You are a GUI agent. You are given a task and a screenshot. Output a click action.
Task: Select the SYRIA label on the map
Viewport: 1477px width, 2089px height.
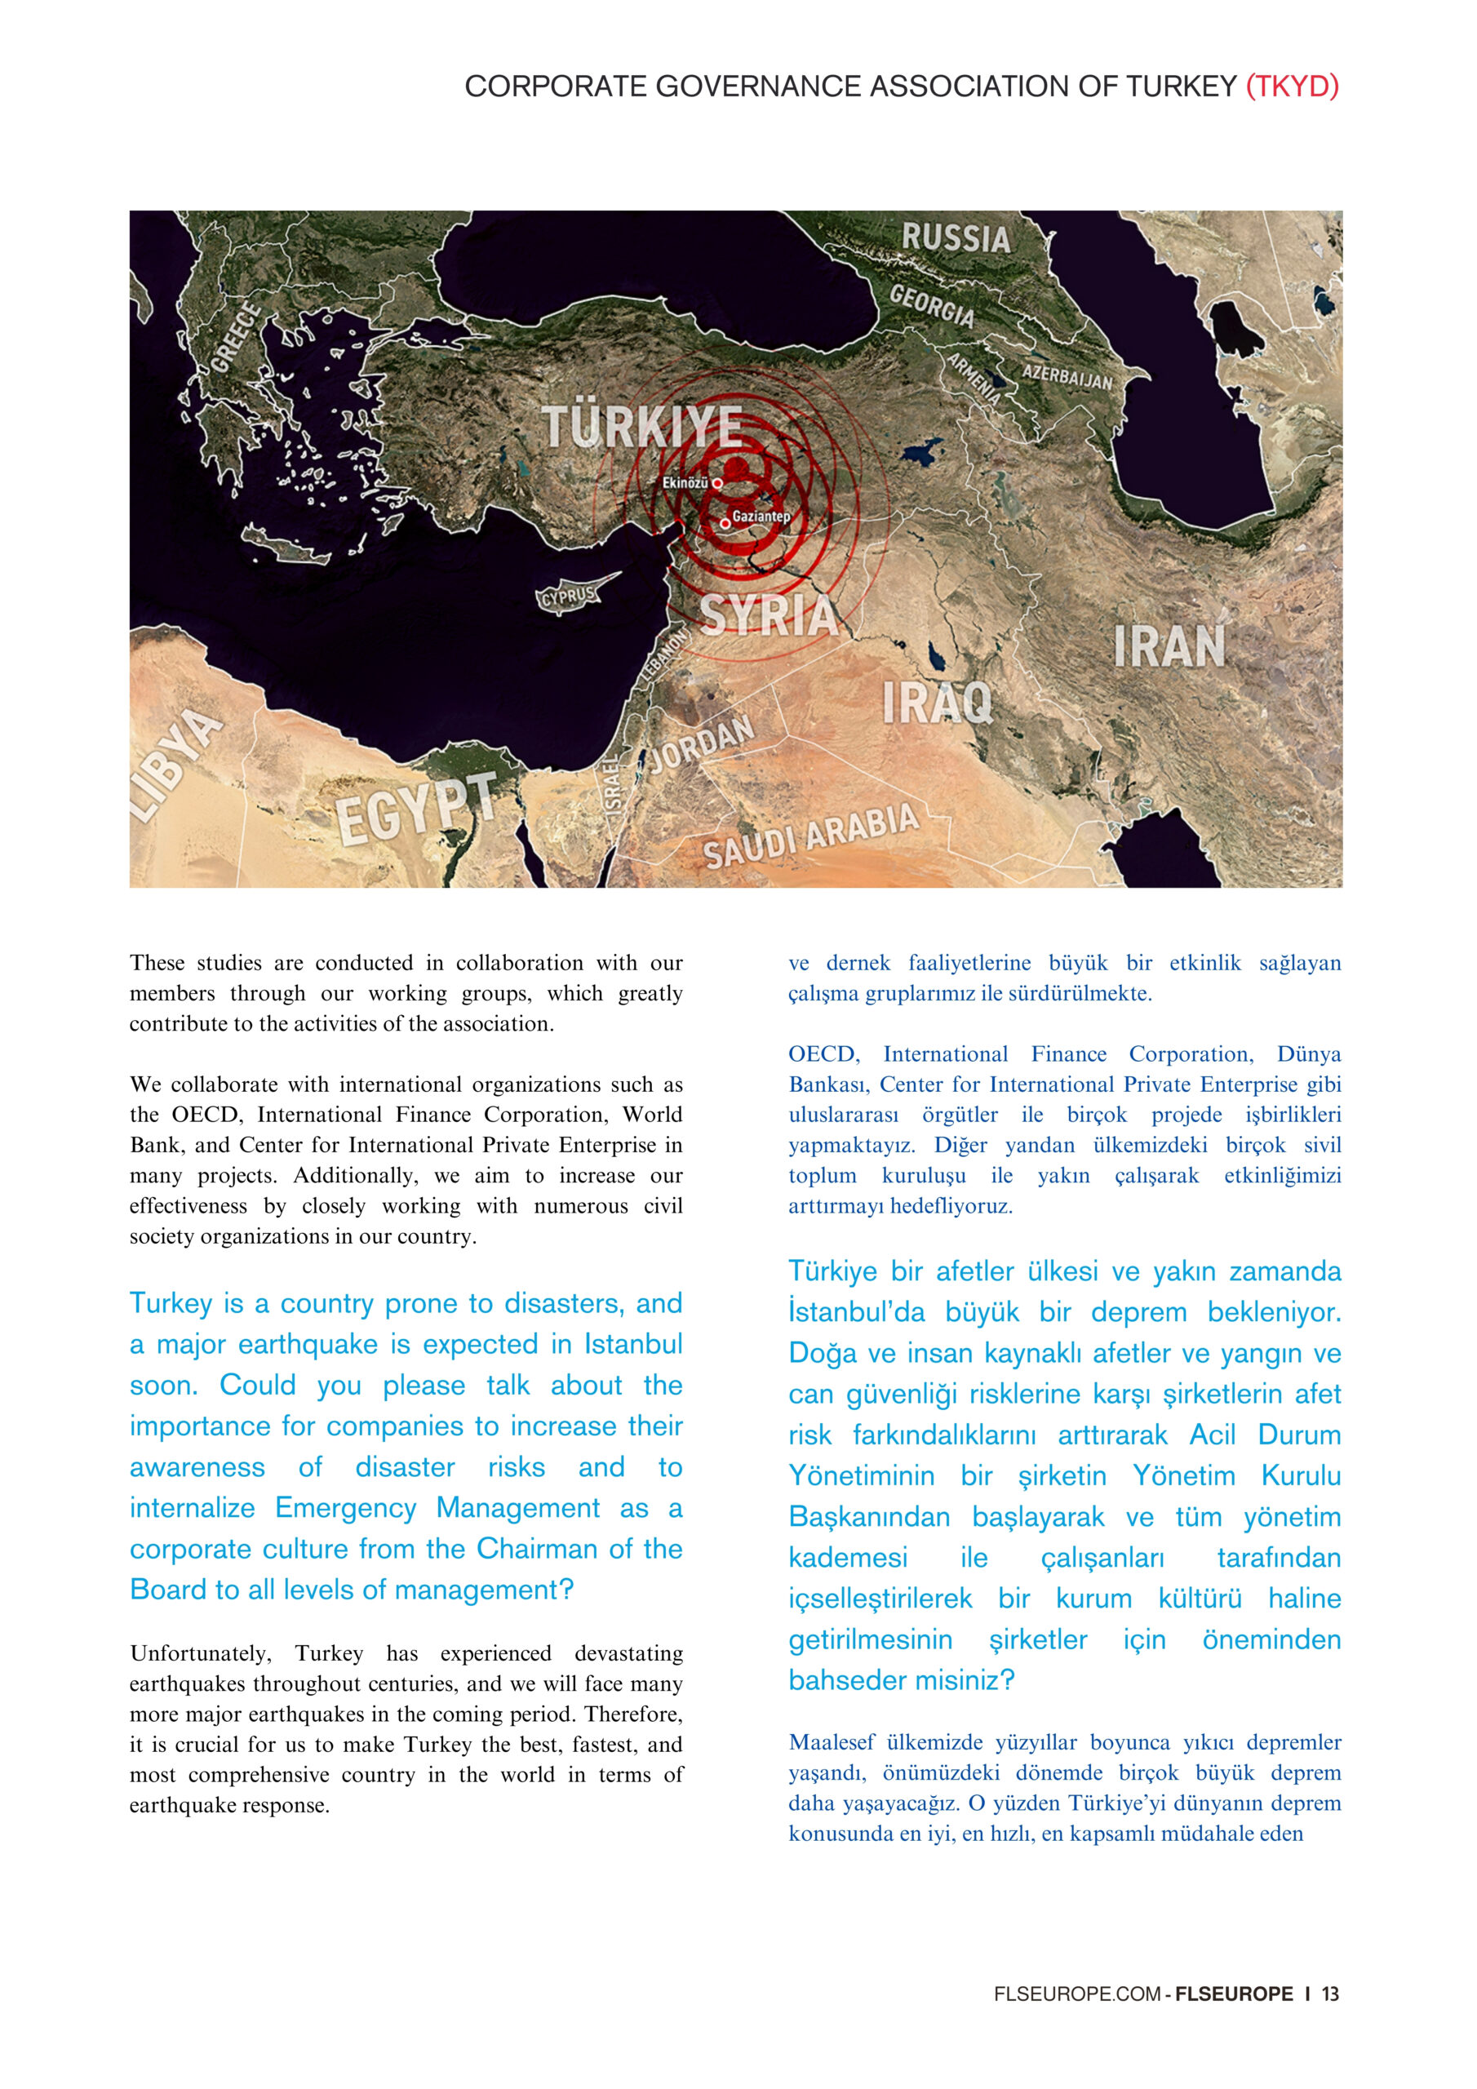[769, 615]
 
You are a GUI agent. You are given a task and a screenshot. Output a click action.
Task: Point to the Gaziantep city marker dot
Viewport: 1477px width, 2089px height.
[725, 523]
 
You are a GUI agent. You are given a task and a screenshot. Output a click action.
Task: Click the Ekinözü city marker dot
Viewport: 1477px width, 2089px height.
[717, 483]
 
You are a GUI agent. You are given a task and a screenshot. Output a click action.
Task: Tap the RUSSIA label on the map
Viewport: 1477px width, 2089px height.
[956, 238]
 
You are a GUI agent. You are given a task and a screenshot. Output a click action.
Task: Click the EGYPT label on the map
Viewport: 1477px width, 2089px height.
[416, 807]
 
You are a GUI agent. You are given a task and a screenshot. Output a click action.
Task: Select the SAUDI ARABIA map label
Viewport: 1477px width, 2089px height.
[810, 836]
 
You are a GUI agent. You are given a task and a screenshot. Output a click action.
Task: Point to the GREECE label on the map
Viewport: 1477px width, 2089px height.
[236, 339]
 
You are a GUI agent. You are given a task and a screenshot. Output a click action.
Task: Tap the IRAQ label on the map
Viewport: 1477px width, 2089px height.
[937, 703]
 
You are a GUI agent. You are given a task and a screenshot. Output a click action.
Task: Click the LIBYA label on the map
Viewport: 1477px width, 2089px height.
[175, 765]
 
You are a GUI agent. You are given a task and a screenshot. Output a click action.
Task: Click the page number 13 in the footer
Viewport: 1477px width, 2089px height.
[1330, 1994]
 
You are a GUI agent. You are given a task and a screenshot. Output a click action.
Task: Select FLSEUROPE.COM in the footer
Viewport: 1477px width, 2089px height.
[1076, 1994]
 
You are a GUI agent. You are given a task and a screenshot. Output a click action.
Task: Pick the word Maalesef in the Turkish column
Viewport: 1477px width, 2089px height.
[831, 1742]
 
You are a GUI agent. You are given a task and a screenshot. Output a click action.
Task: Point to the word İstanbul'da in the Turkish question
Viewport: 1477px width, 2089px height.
[855, 1312]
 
